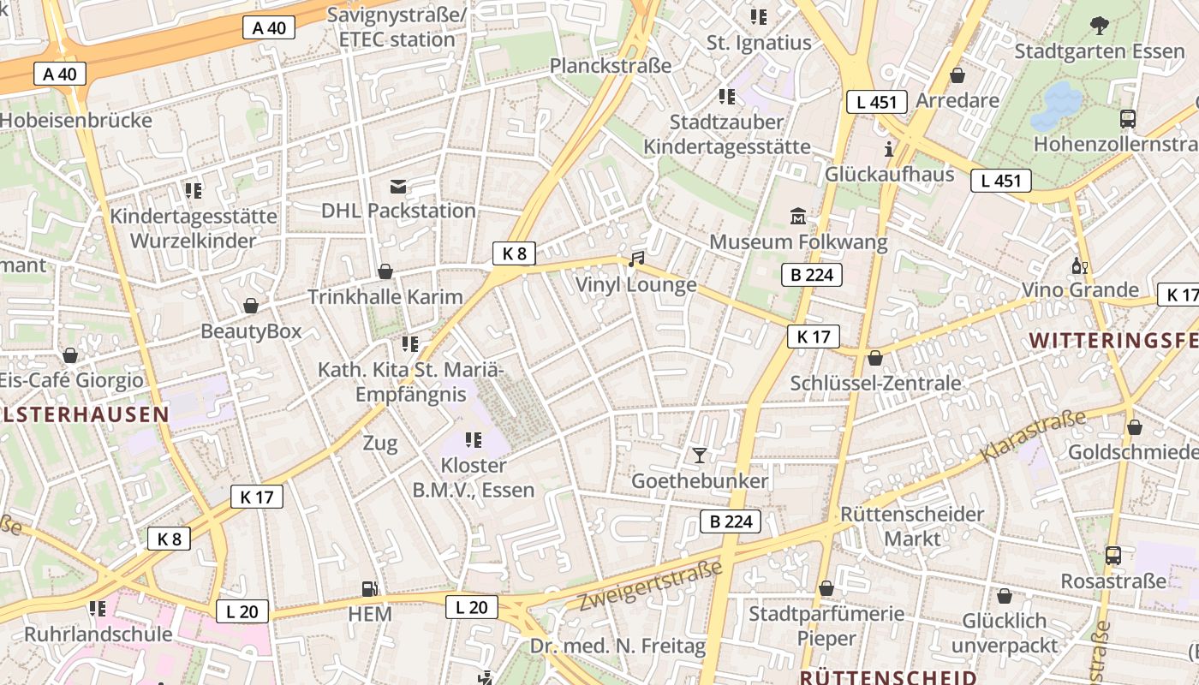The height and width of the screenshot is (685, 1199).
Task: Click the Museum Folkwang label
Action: point(798,242)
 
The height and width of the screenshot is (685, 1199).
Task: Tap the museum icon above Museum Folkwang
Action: point(798,216)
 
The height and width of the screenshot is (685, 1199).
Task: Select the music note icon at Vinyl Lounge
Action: point(635,259)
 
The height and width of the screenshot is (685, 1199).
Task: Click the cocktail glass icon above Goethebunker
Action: point(700,455)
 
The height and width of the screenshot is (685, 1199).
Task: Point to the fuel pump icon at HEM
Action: point(370,588)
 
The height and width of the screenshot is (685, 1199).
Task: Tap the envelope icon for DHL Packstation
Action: point(398,186)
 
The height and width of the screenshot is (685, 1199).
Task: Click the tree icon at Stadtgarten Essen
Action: point(1100,26)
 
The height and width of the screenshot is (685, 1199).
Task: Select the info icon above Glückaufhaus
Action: point(889,148)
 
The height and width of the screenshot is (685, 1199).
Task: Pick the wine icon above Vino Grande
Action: point(1079,265)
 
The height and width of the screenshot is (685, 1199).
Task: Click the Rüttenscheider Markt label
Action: point(912,527)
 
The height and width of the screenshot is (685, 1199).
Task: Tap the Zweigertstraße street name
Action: point(650,586)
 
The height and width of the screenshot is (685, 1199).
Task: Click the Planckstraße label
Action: point(611,66)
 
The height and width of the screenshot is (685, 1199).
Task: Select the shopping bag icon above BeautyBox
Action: point(251,306)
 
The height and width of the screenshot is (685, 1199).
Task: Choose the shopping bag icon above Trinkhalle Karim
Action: point(385,271)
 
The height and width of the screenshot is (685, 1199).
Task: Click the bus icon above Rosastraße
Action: point(1113,556)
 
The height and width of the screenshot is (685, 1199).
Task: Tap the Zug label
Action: point(380,444)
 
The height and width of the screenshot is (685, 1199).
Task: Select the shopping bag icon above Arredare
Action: point(957,75)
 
